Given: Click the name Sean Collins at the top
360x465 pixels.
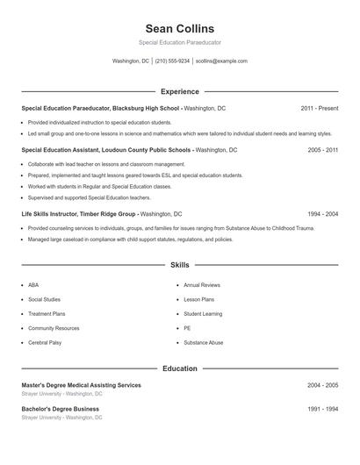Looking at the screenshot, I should [179, 28].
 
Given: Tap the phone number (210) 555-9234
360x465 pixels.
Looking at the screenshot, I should [171, 61].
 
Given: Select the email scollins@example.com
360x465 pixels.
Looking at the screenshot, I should [221, 61].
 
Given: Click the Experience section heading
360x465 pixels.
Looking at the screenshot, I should [180, 91].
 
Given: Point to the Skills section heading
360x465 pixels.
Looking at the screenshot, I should [180, 264].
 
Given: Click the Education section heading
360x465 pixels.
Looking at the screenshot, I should [180, 368].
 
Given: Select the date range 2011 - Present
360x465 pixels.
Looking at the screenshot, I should [320, 108].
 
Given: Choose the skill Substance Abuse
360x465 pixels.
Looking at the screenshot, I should [203, 342].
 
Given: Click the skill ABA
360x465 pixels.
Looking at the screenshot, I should [33, 285].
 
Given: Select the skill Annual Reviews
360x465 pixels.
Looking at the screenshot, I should [202, 285].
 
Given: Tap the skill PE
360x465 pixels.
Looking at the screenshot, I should [187, 328].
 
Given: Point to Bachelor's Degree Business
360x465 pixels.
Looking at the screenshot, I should [60, 409].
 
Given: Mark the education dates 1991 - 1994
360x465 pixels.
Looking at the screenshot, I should [322, 409].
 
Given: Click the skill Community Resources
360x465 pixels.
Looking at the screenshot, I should [54, 328].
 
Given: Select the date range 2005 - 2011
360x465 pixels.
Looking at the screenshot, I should [322, 150].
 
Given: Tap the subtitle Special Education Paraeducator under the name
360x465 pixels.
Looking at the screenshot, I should [179, 42].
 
